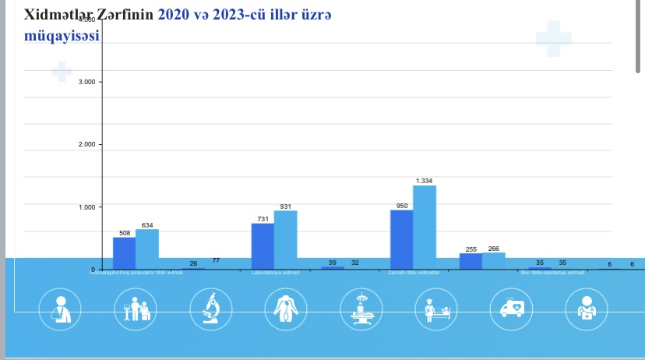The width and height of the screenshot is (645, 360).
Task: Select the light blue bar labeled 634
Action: (x=147, y=248)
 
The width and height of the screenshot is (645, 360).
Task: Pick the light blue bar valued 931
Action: (x=286, y=238)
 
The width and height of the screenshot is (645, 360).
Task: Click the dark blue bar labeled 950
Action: (x=401, y=238)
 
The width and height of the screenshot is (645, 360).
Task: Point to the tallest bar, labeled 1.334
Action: (x=425, y=226)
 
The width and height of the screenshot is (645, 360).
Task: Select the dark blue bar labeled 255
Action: (x=471, y=261)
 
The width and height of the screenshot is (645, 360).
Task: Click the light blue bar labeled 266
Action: (x=494, y=260)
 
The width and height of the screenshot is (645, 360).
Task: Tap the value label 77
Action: (x=217, y=260)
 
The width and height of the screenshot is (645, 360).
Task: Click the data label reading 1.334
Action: (x=425, y=181)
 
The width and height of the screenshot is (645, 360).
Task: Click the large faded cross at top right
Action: (x=554, y=37)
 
